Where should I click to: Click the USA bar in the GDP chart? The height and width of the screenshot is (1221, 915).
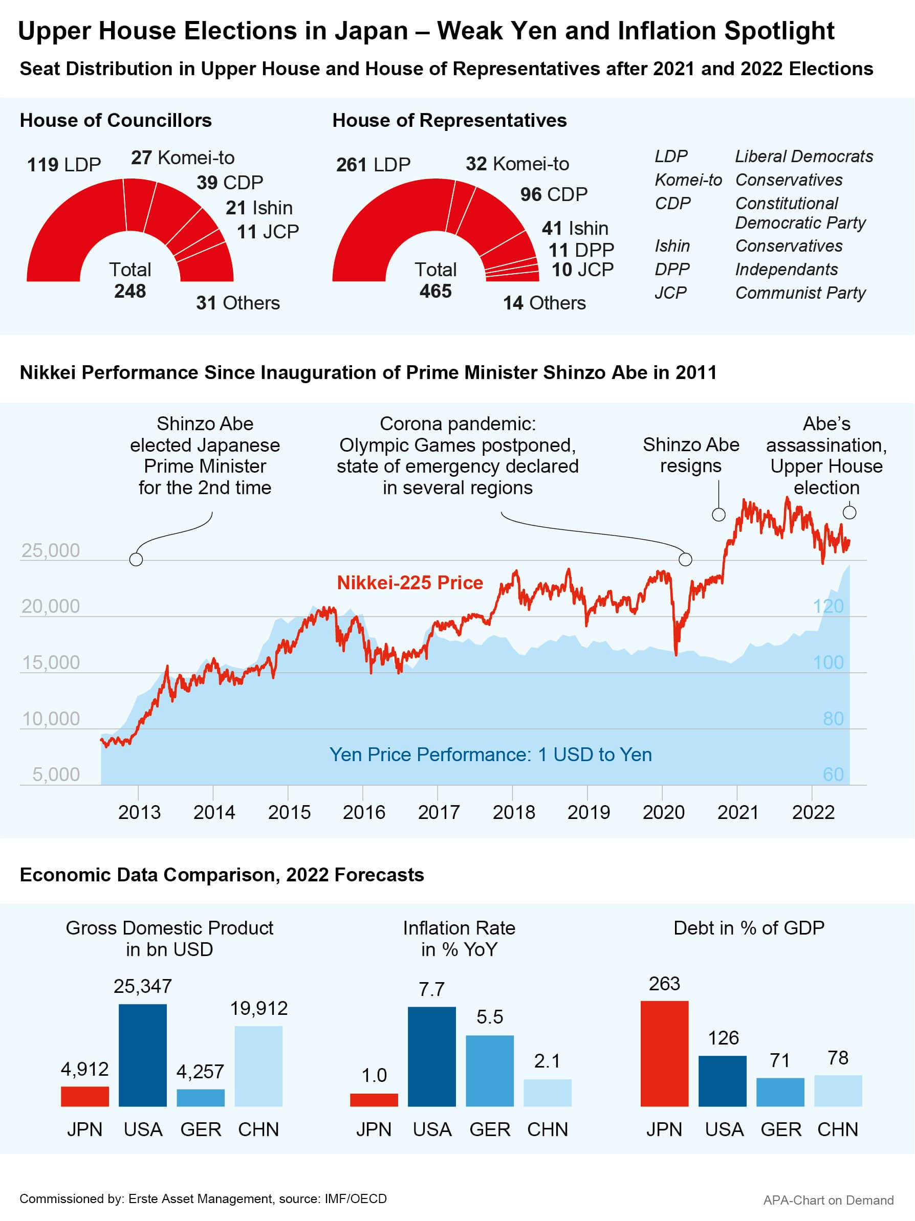142,1055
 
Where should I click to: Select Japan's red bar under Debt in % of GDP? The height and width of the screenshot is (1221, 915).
664,1053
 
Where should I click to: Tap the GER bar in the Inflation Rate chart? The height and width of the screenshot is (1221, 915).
490,1070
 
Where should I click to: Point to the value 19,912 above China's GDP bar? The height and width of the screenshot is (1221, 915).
258,1009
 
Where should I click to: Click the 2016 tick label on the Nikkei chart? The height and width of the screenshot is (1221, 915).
364,812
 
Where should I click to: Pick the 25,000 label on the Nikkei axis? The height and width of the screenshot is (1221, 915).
50,550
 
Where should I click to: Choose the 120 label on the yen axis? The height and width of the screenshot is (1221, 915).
828,606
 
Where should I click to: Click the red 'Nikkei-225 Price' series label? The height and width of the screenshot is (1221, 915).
410,582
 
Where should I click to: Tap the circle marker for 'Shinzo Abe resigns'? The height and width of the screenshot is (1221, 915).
718,515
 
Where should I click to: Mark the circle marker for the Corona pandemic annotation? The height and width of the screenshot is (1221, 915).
685,559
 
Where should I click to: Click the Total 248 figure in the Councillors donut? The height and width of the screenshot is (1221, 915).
130,291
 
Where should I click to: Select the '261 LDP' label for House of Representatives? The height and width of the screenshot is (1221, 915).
373,165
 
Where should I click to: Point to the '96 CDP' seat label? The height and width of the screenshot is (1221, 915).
553,194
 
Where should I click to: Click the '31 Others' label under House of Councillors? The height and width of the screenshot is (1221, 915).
238,303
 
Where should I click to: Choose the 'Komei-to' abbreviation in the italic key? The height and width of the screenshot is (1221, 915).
688,180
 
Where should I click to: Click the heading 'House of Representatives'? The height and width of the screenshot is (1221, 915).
449,120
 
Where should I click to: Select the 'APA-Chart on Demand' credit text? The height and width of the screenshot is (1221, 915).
828,1200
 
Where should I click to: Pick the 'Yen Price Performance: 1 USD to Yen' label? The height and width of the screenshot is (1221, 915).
490,754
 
